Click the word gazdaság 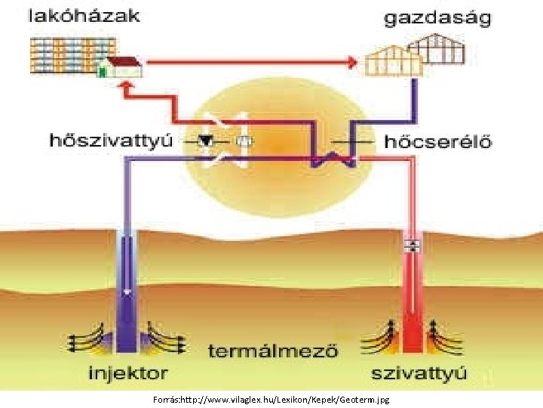tap(437, 18)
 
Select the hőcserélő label tap(438, 141)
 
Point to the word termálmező tap(273, 351)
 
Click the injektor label tap(128, 372)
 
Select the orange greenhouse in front tap(390, 60)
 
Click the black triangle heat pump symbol tap(206, 141)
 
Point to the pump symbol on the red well tap(413, 246)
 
